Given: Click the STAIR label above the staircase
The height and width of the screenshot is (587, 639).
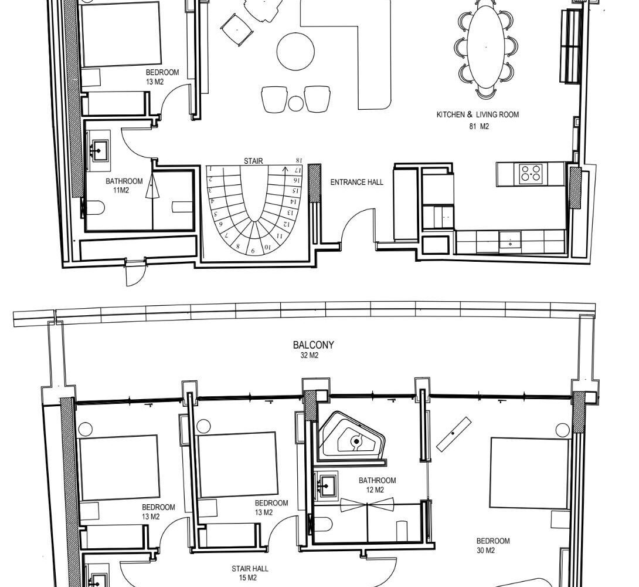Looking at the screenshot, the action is click(x=253, y=161).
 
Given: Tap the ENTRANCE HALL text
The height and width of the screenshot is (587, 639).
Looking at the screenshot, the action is click(x=356, y=183).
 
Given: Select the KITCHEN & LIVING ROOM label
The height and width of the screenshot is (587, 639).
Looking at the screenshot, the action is click(x=478, y=114).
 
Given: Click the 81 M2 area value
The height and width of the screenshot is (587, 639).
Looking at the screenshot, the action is click(x=479, y=126).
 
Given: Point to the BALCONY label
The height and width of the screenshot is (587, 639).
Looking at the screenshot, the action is click(x=314, y=345).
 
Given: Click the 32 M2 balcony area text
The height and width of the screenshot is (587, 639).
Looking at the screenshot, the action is click(x=310, y=355).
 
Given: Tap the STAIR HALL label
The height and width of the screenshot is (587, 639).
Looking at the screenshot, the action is click(x=250, y=569).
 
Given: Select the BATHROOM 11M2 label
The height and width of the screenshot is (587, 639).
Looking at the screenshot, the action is click(x=124, y=185).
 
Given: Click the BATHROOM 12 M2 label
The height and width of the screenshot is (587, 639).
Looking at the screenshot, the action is click(x=377, y=485).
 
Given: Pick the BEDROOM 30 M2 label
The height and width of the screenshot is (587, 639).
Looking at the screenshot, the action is click(x=492, y=546).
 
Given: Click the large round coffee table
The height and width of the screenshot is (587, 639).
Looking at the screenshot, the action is click(x=295, y=52).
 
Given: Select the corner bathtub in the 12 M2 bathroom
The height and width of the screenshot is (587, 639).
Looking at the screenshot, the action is click(x=352, y=438).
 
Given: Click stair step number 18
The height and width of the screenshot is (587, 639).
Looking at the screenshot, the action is click(x=299, y=160).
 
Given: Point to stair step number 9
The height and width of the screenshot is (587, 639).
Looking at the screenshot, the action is click(x=253, y=251).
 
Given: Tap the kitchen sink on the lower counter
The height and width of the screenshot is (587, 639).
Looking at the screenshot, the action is click(x=510, y=240).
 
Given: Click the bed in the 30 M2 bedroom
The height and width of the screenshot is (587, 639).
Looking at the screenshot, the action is click(x=530, y=474).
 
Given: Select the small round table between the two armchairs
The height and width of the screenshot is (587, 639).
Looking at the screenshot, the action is click(x=296, y=104).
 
